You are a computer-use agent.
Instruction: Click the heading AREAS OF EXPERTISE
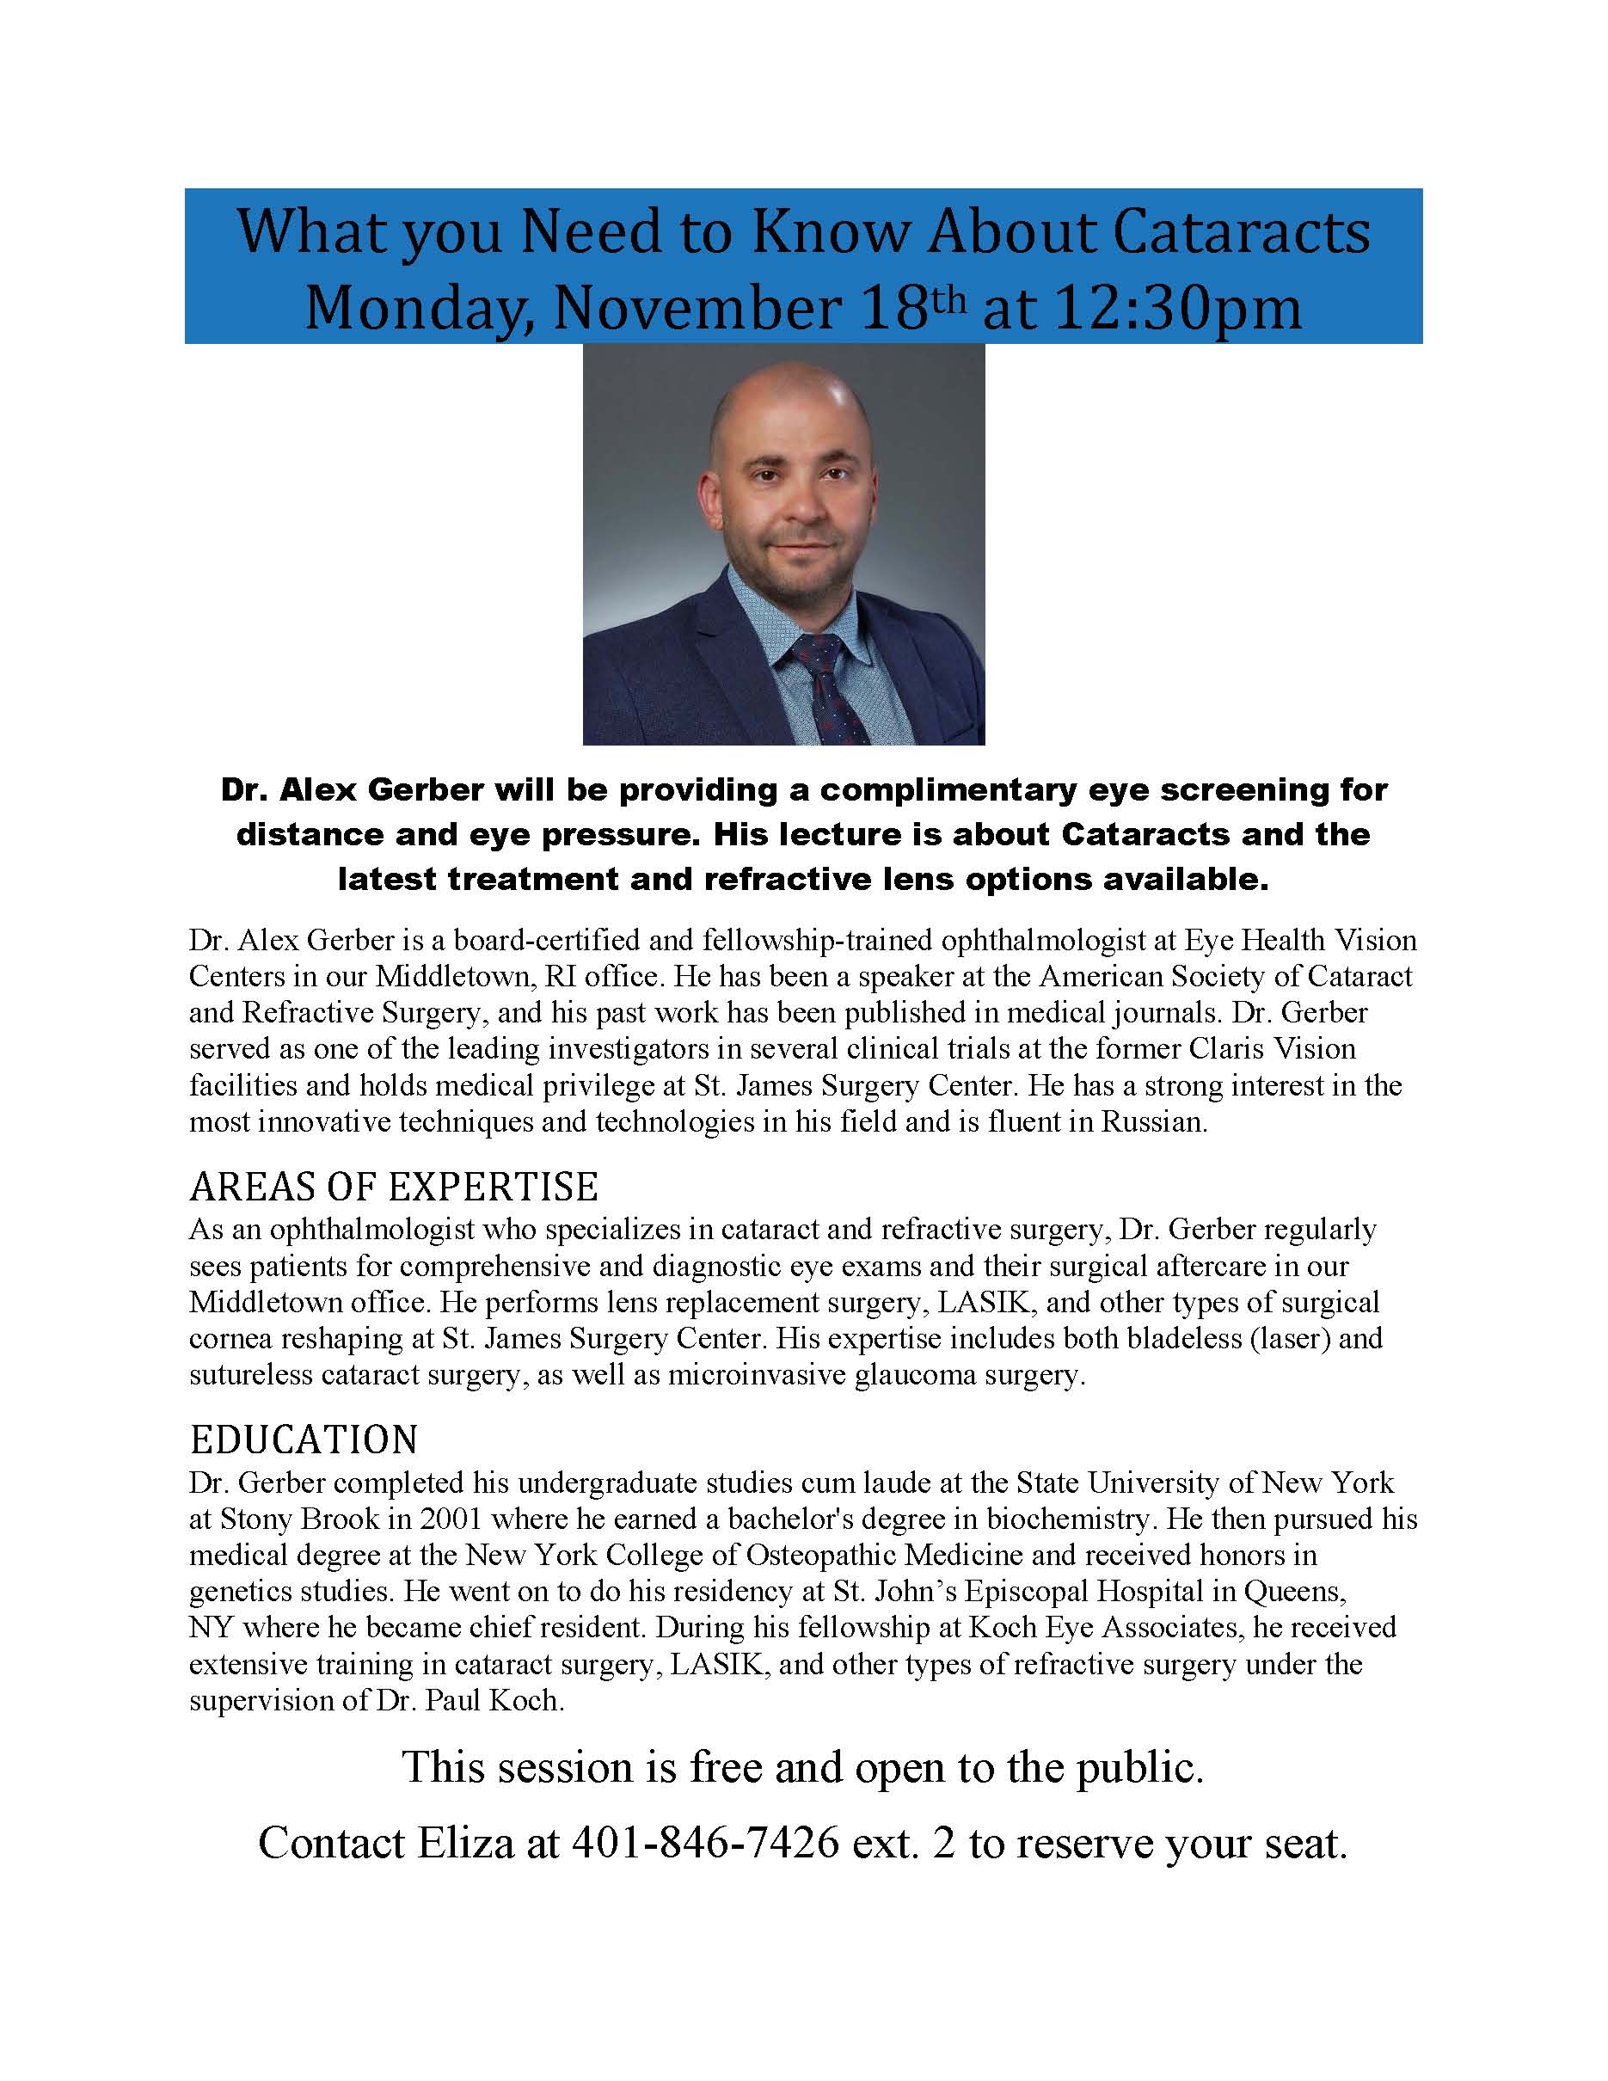[394, 1188]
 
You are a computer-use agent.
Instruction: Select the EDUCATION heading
[304, 1440]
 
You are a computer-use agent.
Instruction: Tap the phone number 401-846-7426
[705, 1844]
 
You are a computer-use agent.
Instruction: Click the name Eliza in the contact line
[466, 1844]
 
